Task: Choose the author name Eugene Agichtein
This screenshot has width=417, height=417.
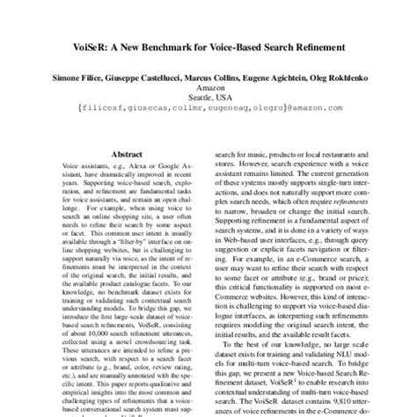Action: tap(282, 79)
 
